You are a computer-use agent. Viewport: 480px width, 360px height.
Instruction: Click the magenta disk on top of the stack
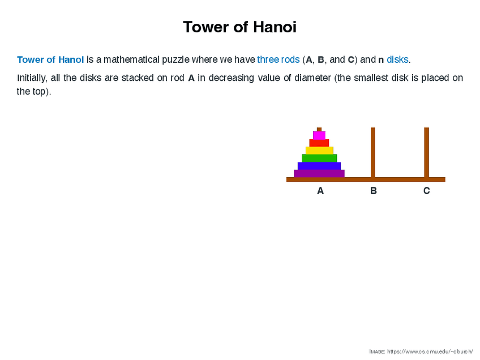coord(319,135)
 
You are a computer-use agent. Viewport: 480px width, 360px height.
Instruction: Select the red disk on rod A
coord(319,143)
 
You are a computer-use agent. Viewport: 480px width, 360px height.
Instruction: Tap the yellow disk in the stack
coord(319,151)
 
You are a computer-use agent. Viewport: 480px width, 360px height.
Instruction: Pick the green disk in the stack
coord(319,158)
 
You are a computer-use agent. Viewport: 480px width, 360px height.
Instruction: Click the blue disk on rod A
coord(319,166)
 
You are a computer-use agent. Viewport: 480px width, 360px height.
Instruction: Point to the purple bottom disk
coord(319,174)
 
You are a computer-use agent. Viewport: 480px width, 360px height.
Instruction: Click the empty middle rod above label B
coord(373,152)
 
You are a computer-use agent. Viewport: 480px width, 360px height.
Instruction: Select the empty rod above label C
coord(426,152)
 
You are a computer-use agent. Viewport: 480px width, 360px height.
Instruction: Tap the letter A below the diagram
coord(320,191)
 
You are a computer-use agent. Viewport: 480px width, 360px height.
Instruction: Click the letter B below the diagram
coord(374,191)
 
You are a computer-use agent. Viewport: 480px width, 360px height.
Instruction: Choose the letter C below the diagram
coord(427,191)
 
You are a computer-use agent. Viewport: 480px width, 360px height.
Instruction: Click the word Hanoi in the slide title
coord(275,27)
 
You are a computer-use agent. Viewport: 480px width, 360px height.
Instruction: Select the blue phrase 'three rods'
coord(278,59)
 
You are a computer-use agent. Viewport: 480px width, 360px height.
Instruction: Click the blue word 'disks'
coord(398,59)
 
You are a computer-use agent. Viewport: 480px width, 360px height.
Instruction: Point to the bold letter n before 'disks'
coord(381,60)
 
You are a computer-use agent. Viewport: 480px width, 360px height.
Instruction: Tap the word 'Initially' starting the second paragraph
coord(32,78)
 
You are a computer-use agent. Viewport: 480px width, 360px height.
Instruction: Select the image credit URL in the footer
coord(430,352)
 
